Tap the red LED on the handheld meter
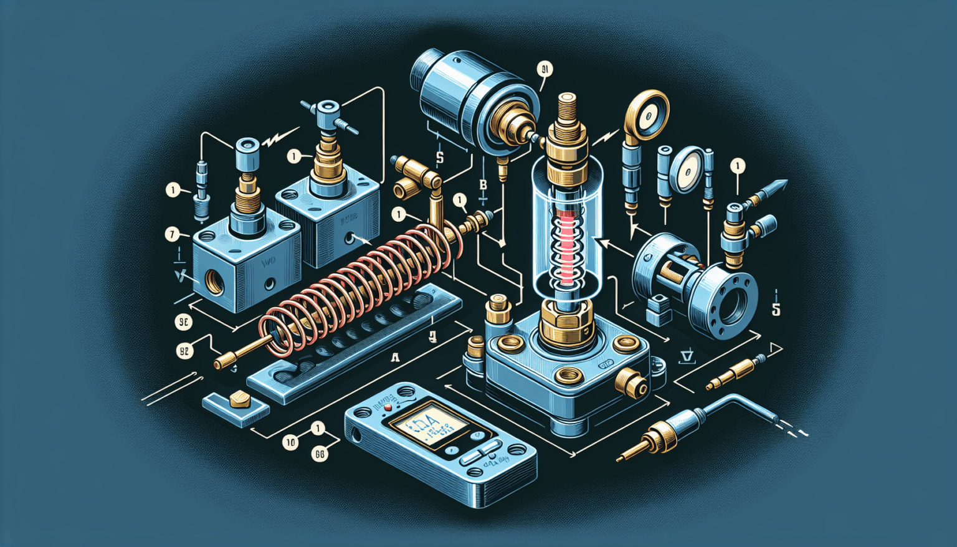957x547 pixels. [x=388, y=407]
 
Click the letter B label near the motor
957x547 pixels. [x=483, y=184]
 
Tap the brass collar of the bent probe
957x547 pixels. [x=662, y=436]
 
